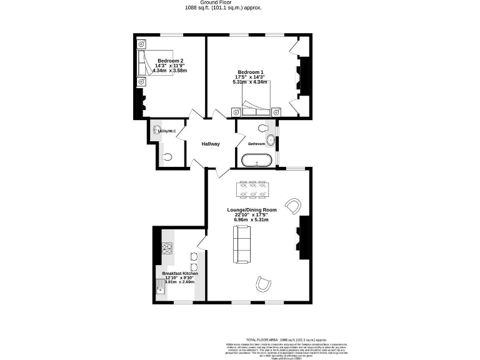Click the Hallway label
[210, 144]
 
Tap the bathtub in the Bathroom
[257, 159]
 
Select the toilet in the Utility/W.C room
[167, 157]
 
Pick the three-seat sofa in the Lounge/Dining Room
[241, 244]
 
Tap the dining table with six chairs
[254, 189]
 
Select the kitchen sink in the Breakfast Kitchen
[160, 286]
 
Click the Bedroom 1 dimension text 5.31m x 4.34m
[250, 82]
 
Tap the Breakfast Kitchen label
[180, 274]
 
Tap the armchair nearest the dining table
[292, 205]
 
